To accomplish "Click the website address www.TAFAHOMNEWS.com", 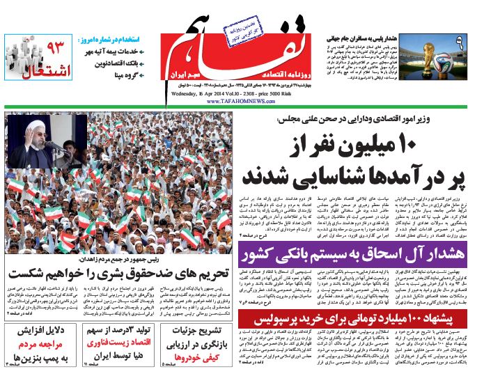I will pos(239,100).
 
